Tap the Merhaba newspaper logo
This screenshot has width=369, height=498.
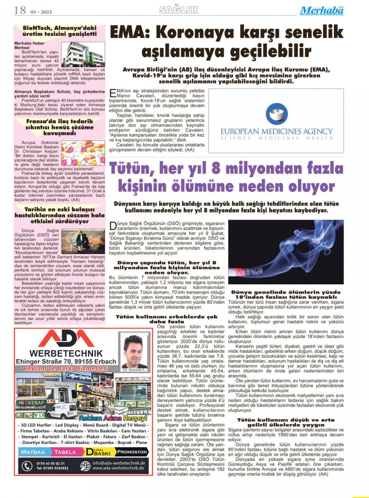321,10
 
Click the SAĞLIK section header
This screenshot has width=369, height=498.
179,10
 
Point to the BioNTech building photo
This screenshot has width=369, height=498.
83,54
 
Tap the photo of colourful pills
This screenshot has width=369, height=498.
83,153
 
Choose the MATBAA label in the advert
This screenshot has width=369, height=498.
33,452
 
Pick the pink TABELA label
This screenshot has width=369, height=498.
65,452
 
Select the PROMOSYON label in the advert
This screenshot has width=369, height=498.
132,452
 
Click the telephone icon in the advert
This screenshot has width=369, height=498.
27,466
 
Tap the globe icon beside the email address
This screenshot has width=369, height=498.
85,466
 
